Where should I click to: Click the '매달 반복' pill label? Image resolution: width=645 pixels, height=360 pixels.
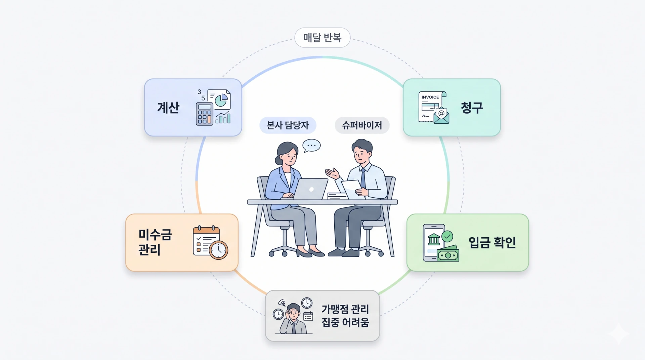[x=322, y=38]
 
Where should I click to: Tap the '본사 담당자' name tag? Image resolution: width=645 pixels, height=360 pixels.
[x=288, y=125]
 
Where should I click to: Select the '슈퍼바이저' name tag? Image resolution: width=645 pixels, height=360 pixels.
[x=362, y=125]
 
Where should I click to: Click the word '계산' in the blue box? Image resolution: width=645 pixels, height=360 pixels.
[x=168, y=108]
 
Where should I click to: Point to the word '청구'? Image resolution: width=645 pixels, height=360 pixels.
[x=472, y=108]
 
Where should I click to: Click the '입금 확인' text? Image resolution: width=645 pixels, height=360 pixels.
[x=492, y=242]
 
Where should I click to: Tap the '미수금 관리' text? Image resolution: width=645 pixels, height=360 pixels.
[x=155, y=242]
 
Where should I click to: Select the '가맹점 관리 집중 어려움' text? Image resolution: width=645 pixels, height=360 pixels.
[x=345, y=316]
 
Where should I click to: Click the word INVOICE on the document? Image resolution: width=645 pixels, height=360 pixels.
[x=430, y=97]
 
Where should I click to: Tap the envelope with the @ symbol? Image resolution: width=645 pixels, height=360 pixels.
[x=441, y=115]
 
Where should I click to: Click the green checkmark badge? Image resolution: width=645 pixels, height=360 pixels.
[x=447, y=236]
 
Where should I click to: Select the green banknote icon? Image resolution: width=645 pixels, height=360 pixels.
[x=448, y=254]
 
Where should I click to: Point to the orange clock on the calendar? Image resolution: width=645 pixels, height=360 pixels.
[x=218, y=250]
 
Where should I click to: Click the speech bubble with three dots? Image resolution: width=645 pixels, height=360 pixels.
[x=311, y=146]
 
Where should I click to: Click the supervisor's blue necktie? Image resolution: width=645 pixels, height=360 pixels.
[x=363, y=179]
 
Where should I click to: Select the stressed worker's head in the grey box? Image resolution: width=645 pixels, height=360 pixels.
[x=293, y=312]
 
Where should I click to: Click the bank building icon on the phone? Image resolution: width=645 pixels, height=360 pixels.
[x=434, y=239]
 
